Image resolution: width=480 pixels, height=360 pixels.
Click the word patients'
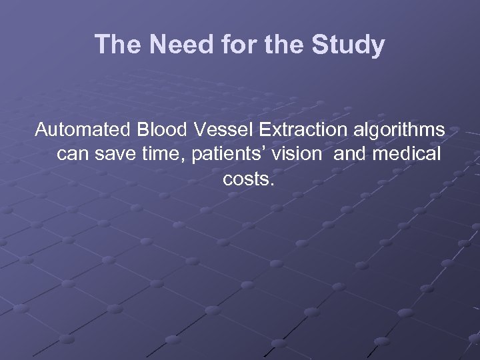pyautogui.click(x=227, y=155)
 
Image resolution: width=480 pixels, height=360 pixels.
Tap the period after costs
pyautogui.click(x=271, y=184)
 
